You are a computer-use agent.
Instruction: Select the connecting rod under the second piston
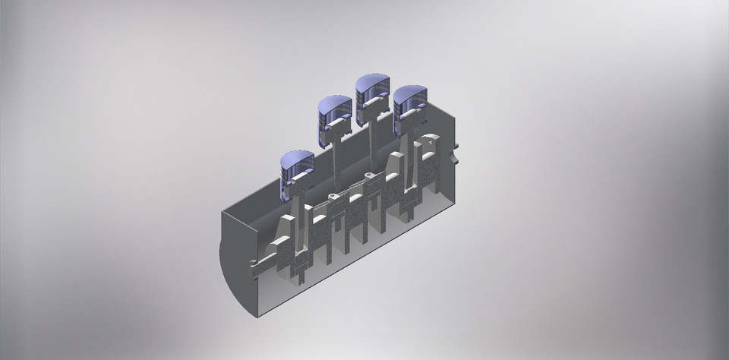point(335,167)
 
